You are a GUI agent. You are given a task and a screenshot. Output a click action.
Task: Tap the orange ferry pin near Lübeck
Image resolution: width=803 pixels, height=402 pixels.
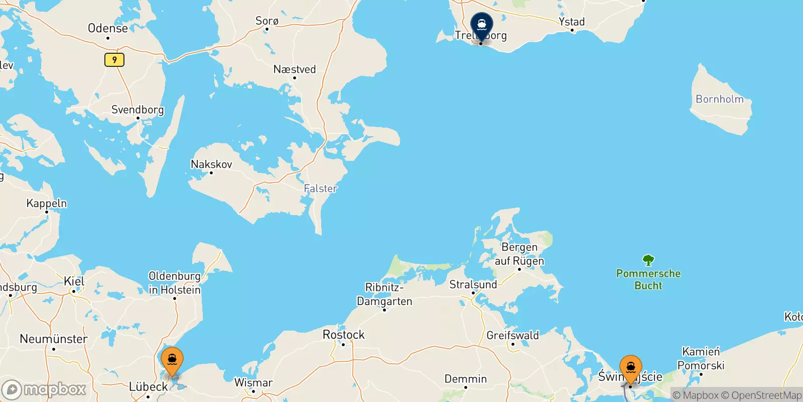coord(172,360)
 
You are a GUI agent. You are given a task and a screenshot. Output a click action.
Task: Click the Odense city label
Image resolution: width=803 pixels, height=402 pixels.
coord(108,28)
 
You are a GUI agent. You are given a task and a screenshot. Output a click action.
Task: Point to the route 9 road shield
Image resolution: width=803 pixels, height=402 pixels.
coord(114,60)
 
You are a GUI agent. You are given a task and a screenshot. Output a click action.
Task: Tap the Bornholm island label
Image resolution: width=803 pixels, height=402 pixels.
coord(719,99)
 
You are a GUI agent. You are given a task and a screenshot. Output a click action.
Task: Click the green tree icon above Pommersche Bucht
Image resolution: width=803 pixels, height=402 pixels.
coord(648,260)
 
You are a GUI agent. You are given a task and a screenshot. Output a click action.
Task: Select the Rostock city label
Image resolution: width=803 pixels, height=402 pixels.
coord(344,335)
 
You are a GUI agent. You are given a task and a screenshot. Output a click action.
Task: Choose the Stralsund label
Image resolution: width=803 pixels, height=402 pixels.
coord(473,284)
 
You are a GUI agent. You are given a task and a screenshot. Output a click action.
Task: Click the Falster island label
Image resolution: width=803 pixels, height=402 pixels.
coord(320,188)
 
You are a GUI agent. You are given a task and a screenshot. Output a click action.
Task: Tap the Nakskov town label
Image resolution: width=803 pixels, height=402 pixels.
coord(211,164)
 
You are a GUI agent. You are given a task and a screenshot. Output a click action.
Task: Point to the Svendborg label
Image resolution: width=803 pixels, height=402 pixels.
coord(138,110)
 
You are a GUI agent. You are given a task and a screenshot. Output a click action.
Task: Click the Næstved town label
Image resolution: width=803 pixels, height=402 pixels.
coord(295,69)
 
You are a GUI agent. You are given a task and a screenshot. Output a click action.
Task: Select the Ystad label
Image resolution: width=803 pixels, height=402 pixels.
coord(572,22)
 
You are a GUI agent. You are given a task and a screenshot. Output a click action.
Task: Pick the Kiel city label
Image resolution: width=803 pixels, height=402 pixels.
coord(74,281)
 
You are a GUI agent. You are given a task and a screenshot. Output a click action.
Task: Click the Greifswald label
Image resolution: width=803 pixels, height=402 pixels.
coord(512,335)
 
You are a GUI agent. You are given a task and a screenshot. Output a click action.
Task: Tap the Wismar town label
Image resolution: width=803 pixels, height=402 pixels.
coord(253,383)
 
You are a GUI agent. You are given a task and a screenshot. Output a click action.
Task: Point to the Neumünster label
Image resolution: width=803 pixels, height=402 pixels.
coord(54,339)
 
